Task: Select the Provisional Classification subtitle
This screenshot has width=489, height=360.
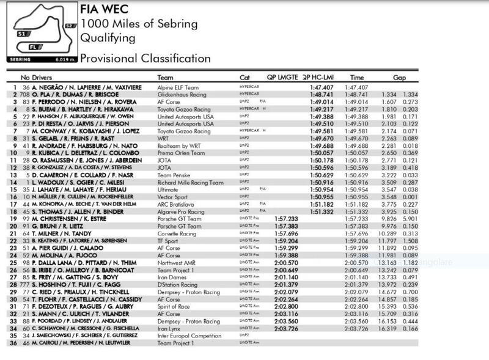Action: click(145, 59)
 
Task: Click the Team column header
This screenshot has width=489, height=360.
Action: click(165, 78)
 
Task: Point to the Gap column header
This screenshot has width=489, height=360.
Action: click(400, 78)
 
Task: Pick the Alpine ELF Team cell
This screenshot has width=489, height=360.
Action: click(178, 88)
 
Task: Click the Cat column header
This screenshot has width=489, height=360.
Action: click(244, 78)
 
